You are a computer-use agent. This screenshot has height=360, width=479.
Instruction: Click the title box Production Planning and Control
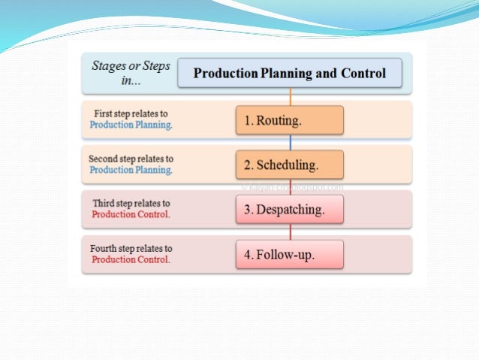(290, 74)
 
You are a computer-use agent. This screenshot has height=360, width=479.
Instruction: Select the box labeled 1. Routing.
(289, 120)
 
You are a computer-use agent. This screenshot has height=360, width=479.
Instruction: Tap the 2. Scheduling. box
(289, 165)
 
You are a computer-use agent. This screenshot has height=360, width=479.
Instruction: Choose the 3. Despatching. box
(289, 210)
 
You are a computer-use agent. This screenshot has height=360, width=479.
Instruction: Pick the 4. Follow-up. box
(289, 255)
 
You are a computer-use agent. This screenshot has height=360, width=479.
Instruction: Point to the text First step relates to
(131, 113)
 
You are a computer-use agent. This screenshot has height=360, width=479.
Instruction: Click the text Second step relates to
(131, 159)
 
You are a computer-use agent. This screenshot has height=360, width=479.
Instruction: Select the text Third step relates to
(131, 203)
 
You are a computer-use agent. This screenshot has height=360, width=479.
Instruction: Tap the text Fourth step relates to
(131, 248)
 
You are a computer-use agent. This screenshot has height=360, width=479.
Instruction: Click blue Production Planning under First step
(131, 125)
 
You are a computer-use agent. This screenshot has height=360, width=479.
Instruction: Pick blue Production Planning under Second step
(131, 170)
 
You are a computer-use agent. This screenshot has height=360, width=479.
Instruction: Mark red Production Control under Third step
(131, 214)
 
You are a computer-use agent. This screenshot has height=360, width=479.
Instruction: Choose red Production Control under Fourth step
(131, 260)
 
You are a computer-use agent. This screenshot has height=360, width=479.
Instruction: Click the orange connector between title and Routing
(290, 97)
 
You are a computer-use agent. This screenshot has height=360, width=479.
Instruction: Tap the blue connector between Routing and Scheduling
(290, 142)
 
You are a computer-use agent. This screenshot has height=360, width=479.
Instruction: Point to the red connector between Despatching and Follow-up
(290, 232)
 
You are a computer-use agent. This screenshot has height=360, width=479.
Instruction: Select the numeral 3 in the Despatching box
(246, 210)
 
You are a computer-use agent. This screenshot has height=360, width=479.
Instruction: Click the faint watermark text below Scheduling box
(293, 186)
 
